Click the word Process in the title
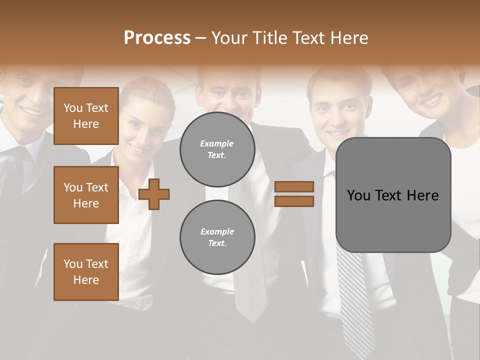click(157, 38)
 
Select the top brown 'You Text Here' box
click(86, 116)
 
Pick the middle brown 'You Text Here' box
click(86, 195)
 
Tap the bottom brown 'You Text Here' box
click(86, 272)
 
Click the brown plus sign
click(154, 193)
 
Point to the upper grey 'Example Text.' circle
click(217, 149)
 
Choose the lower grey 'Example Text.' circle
click(217, 237)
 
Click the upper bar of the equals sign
click(294, 186)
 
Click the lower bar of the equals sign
click(294, 201)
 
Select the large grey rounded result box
click(393, 195)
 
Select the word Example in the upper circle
click(217, 144)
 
